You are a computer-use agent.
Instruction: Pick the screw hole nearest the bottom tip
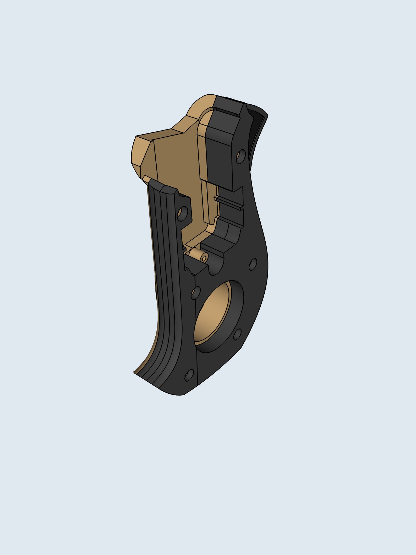pyautogui.click(x=189, y=375)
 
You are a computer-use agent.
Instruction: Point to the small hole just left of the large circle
pyautogui.click(x=195, y=293)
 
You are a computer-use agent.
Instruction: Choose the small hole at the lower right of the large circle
pyautogui.click(x=237, y=335)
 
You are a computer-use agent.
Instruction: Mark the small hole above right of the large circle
pyautogui.click(x=253, y=264)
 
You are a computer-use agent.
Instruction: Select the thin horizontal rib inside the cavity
pyautogui.click(x=228, y=203)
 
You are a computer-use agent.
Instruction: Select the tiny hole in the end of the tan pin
pyautogui.click(x=204, y=259)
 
